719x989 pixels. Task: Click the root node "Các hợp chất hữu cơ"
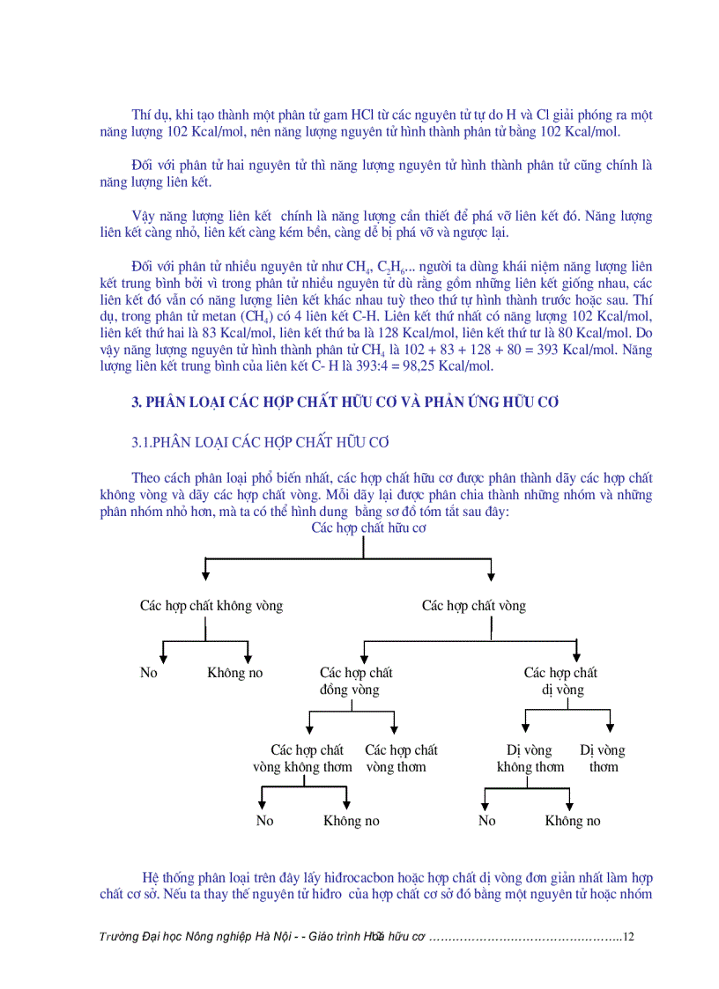368,528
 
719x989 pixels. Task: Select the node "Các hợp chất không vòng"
211,606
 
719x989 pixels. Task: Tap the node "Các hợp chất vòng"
473,606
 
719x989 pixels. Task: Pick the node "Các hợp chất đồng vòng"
356,682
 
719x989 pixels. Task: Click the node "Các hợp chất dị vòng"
561,682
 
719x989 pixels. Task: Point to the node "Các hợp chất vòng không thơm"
302,758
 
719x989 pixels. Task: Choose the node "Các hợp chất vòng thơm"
401,758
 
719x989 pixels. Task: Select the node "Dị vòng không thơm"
530,758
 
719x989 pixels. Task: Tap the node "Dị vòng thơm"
603,758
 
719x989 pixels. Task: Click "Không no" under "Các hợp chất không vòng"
235,673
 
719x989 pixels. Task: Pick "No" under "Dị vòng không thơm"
487,821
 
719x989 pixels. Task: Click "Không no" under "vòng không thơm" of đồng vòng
352,821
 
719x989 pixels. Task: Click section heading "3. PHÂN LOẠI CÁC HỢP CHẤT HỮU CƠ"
345,402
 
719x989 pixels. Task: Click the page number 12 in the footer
628,937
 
